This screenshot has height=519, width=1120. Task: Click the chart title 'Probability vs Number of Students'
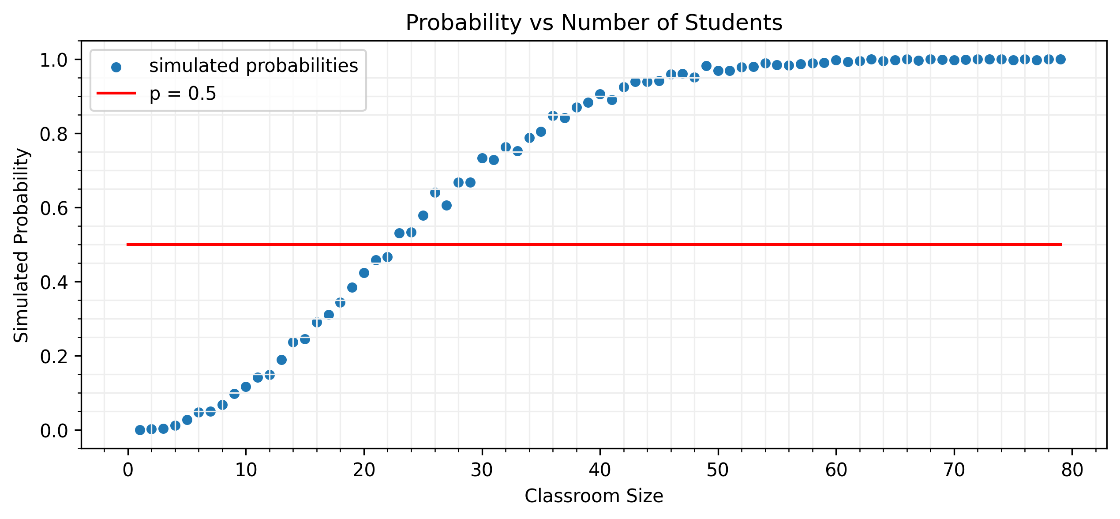pos(594,23)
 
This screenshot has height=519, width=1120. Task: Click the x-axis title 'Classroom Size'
pos(594,496)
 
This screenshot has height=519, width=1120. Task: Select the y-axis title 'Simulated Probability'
pos(21,245)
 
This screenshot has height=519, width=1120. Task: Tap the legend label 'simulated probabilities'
pos(254,66)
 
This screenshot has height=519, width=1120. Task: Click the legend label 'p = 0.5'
pos(183,94)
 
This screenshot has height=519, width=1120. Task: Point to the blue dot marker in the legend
pos(116,67)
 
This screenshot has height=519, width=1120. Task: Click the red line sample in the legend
pos(116,93)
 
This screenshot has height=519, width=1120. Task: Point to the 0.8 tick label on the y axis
pos(54,134)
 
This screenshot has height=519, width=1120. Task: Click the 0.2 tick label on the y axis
pos(54,357)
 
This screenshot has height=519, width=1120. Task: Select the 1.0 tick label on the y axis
pos(54,60)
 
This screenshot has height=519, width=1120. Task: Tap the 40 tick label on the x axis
pos(600,470)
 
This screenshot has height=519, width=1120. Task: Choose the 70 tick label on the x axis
pos(954,470)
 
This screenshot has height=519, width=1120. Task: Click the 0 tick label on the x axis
pos(128,470)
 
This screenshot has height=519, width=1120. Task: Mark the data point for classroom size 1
pos(140,430)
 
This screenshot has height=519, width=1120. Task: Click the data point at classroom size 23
pos(399,233)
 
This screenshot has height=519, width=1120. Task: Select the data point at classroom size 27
pos(446,205)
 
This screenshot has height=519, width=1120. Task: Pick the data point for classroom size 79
pos(1060,59)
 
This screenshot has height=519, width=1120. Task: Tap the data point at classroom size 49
pos(706,66)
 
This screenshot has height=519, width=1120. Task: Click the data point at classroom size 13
pos(281,360)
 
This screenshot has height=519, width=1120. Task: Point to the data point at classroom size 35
pos(541,132)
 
